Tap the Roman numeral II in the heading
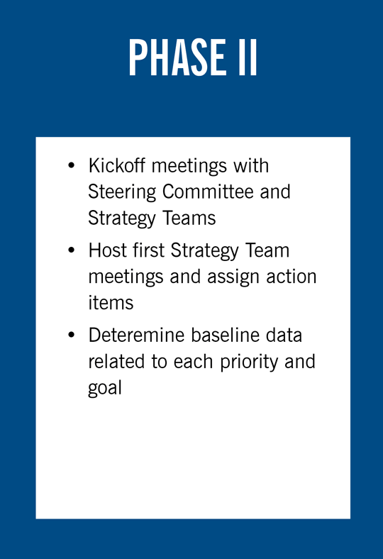click(248, 58)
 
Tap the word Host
click(107, 251)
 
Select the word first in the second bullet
click(148, 251)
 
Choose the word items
click(110, 302)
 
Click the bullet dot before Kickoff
click(71, 167)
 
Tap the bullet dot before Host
click(71, 252)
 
